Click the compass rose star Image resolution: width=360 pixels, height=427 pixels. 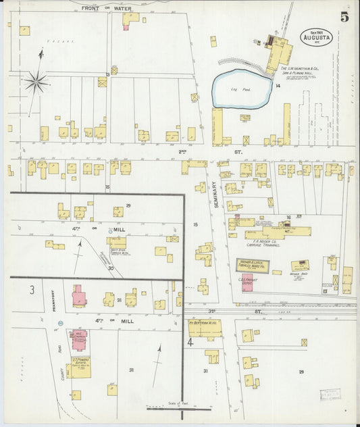coord(36,82)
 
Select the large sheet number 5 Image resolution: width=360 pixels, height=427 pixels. coord(344,17)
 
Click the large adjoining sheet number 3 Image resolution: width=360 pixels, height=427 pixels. coord(31,290)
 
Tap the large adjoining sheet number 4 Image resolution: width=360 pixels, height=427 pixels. coord(190,343)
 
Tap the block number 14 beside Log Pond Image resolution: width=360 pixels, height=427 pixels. coord(278,86)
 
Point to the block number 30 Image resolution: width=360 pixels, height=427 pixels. coord(110,267)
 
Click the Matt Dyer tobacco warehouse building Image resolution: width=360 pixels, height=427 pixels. coord(116,240)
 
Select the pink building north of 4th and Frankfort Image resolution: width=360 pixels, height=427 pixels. coord(79,295)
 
